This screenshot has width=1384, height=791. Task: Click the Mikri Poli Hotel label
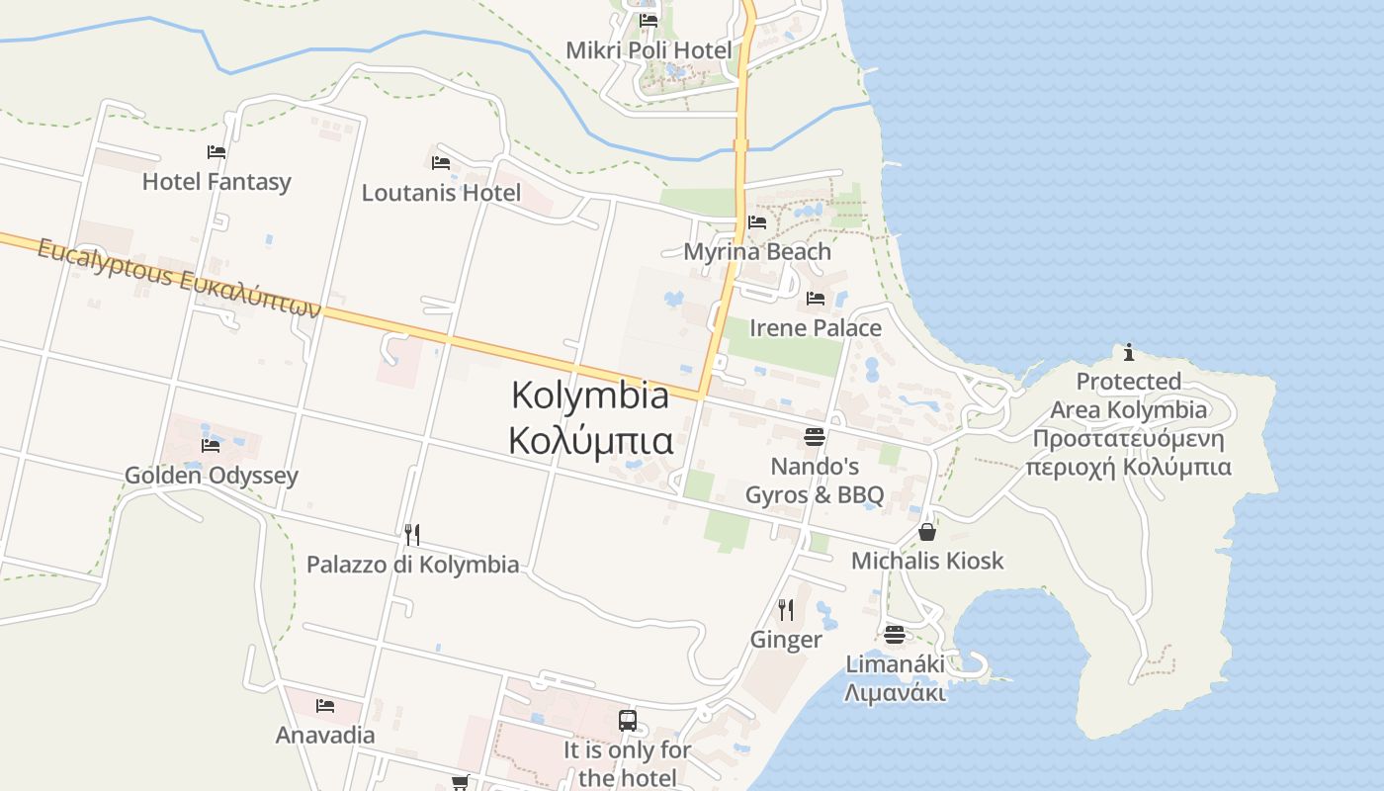point(649,50)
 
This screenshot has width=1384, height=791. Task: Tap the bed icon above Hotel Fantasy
point(216,152)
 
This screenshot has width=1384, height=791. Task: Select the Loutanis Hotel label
point(441,193)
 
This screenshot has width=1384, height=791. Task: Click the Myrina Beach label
point(757,252)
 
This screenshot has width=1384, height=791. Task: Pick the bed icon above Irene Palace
point(816,298)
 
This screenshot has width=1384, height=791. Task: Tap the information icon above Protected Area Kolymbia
point(1129,352)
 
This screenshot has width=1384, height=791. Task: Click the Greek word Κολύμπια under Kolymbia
point(590,440)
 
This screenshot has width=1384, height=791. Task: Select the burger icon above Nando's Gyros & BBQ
point(815,436)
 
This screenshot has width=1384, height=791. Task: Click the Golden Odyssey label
point(212,476)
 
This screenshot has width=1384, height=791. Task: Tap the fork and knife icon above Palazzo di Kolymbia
point(412,534)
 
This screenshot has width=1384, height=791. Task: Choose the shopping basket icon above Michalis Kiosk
point(927,532)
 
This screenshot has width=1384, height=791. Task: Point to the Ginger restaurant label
point(786,640)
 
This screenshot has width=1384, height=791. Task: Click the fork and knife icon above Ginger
point(786,609)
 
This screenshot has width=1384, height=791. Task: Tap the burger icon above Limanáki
point(895,634)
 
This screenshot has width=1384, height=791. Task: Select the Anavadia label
point(325,736)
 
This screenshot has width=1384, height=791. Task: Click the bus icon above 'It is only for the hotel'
point(628,721)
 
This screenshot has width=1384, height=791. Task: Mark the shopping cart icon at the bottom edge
point(460,783)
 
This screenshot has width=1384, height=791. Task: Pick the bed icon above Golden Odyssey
point(211,445)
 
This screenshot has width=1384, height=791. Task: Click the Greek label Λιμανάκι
point(895,693)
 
